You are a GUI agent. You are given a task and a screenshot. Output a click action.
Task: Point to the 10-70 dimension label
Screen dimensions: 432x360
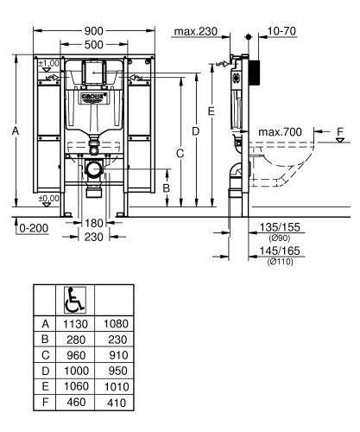[x=283, y=33]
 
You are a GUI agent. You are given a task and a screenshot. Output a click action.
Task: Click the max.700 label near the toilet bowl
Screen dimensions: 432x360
[x=281, y=130]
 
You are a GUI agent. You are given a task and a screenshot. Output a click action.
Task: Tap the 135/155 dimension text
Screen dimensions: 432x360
[x=278, y=227]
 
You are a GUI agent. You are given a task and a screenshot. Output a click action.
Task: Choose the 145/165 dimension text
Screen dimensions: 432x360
[x=278, y=250]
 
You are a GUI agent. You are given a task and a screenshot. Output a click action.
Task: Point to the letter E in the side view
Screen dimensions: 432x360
[x=212, y=111]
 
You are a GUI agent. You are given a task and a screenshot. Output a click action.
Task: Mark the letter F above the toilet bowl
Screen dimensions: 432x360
[x=340, y=130]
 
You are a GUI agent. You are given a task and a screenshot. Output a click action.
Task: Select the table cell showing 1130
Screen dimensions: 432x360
[x=73, y=323]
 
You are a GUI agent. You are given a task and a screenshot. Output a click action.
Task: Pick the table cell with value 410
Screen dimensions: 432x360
[x=115, y=402]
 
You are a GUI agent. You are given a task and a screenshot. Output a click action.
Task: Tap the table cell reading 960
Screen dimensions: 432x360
[x=73, y=354]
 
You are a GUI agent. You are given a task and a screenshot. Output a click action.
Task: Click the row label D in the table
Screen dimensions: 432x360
[x=45, y=371]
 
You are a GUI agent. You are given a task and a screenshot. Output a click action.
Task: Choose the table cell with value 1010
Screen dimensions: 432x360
[x=115, y=386]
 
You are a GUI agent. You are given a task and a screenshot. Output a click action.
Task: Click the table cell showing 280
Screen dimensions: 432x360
[x=73, y=339]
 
